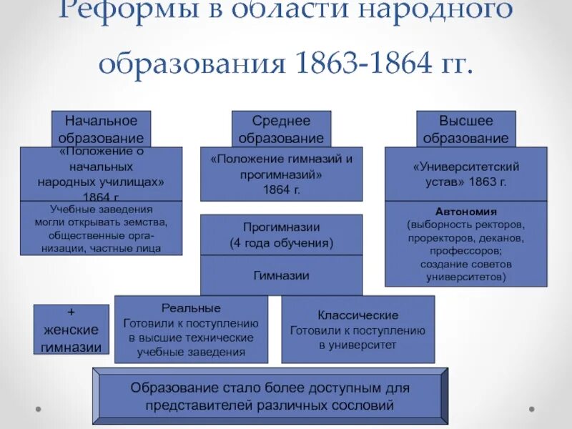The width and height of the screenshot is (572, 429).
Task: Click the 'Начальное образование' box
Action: [101, 129]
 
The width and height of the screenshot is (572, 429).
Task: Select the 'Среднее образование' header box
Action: [281, 129]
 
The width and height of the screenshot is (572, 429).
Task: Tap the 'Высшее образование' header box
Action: [465, 129]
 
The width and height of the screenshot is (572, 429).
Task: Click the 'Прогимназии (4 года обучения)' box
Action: [281, 235]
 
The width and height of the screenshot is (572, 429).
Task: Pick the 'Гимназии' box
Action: [281, 275]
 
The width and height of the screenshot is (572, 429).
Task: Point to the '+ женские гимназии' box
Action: [71, 330]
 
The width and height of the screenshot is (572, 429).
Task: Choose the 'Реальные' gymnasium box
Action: [191, 330]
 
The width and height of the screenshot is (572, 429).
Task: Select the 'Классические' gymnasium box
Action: [357, 330]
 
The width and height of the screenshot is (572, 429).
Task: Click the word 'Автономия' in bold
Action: [465, 212]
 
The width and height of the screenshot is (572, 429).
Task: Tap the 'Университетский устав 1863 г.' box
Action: [465, 174]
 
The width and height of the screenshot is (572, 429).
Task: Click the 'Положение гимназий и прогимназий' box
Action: [281, 174]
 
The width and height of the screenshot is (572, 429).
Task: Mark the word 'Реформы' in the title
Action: [114, 11]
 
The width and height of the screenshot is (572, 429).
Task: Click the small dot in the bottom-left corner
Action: [36, 409]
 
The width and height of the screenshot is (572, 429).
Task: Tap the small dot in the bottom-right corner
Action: [531, 409]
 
